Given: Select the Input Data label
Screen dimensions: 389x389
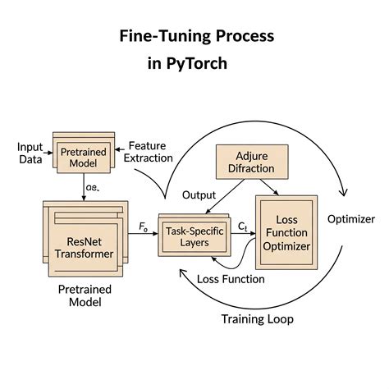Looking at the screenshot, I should point(30,153).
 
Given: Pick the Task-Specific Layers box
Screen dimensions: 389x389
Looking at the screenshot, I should point(196,237).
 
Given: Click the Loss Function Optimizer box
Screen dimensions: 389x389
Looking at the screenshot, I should point(286,234).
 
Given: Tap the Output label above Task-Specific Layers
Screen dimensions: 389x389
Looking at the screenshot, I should point(199,195).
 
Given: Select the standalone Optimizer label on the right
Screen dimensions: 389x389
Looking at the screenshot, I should point(350,219).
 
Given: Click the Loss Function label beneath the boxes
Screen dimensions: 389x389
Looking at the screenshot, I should point(231,279).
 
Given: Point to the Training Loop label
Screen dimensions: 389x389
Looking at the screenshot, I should point(258,318).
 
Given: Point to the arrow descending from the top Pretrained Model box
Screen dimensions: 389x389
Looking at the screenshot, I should point(85,187).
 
